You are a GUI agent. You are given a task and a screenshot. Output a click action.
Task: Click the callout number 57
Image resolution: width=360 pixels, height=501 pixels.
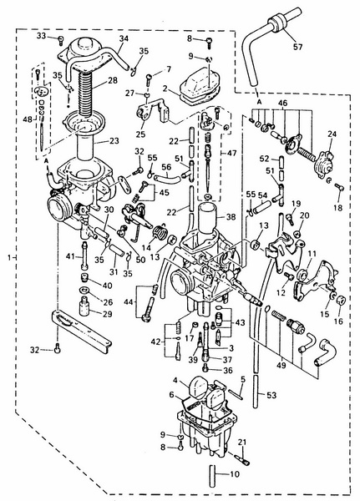297,47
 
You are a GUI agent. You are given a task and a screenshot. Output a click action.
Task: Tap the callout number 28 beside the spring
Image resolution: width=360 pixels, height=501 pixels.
113,80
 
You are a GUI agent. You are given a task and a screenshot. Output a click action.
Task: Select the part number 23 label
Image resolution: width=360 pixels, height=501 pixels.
114,140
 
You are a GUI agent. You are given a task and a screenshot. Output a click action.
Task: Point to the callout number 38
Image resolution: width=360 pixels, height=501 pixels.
231,217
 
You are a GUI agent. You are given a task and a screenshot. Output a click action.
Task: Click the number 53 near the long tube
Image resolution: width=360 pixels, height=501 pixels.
271,395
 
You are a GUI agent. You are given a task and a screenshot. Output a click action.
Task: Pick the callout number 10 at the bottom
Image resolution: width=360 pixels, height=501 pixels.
235,473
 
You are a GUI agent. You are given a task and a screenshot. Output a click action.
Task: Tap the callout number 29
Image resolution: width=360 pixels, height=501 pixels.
108,314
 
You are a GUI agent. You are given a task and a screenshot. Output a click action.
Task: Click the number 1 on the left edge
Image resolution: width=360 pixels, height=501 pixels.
9,257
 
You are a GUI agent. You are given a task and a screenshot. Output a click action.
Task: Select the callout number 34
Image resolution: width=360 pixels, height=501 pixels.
124,38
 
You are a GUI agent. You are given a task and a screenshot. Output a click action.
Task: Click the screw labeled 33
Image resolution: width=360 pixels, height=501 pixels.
61,40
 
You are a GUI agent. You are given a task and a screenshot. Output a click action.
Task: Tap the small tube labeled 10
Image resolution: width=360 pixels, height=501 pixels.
213,475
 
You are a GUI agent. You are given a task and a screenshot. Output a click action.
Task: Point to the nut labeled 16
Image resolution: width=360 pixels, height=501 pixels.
341,300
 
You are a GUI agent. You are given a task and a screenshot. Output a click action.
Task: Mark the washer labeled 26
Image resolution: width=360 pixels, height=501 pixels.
84,291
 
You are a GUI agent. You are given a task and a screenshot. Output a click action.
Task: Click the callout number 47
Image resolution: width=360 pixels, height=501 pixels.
232,153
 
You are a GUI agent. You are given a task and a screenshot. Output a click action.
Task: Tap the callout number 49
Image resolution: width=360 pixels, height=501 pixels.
281,365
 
